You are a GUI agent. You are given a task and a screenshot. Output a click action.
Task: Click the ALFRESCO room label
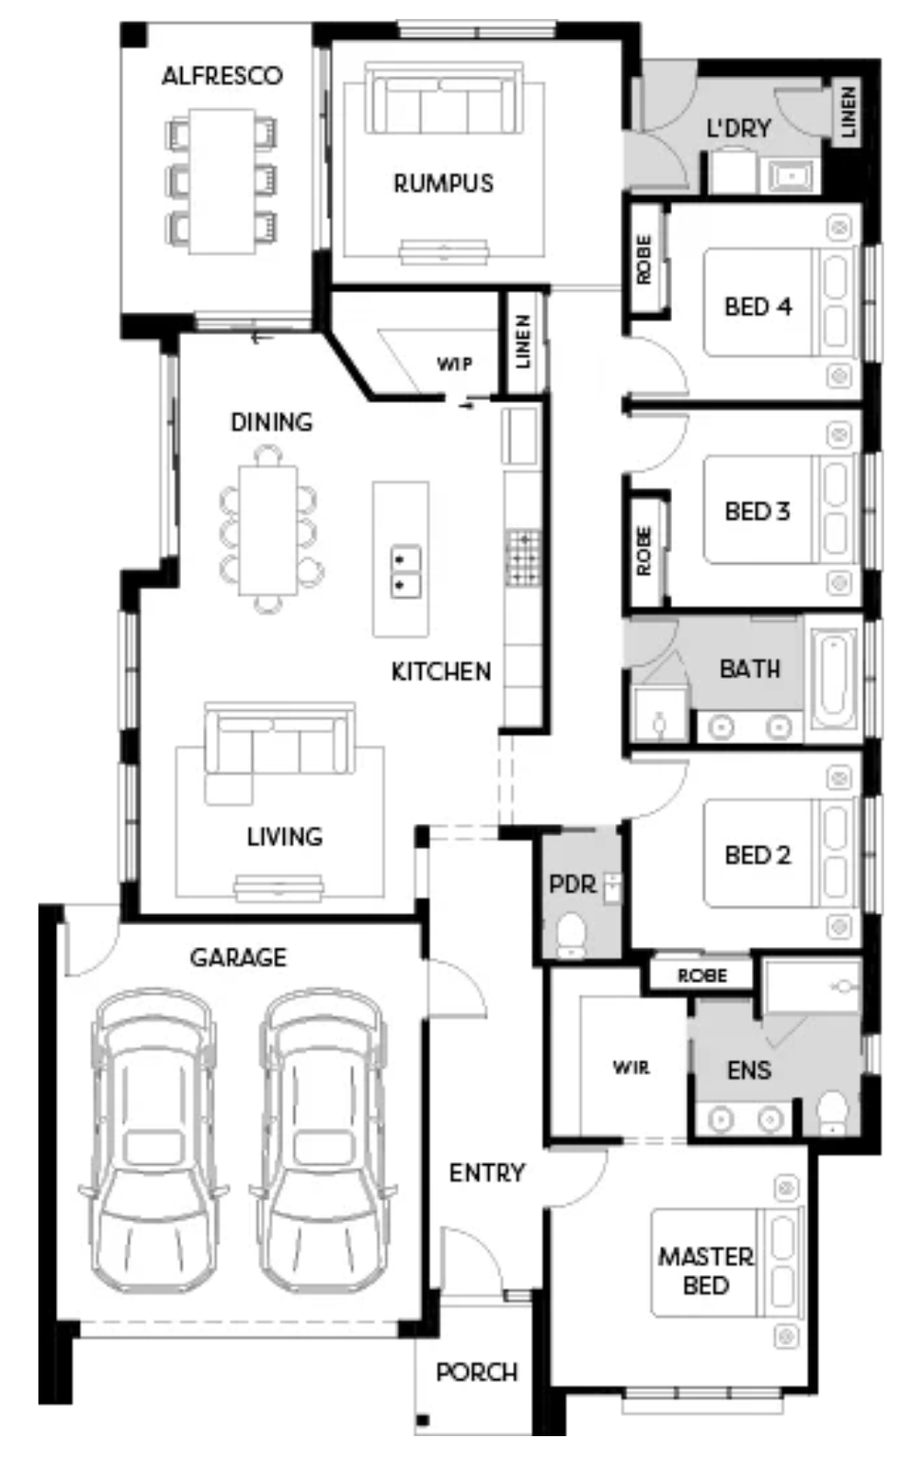tap(223, 76)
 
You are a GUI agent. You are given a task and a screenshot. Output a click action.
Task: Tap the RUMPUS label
tap(444, 183)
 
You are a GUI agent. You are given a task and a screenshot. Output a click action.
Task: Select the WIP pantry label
tap(454, 364)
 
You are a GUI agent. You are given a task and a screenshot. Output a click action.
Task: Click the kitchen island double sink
tap(405, 572)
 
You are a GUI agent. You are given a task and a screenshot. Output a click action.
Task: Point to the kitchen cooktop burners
tap(523, 557)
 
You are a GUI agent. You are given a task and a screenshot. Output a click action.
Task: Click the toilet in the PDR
tap(572, 935)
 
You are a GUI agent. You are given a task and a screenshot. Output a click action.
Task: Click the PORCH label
tap(477, 1373)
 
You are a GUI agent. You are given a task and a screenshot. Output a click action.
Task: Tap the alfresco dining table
tap(223, 181)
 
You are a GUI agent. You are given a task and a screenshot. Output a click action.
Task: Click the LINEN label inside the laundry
tap(848, 112)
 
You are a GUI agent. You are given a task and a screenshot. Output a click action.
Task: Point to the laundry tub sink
tap(790, 175)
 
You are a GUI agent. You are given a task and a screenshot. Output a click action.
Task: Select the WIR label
tap(630, 1067)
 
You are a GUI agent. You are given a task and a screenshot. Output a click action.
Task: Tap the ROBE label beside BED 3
tap(643, 550)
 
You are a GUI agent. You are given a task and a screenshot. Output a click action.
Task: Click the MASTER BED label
tap(707, 1270)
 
